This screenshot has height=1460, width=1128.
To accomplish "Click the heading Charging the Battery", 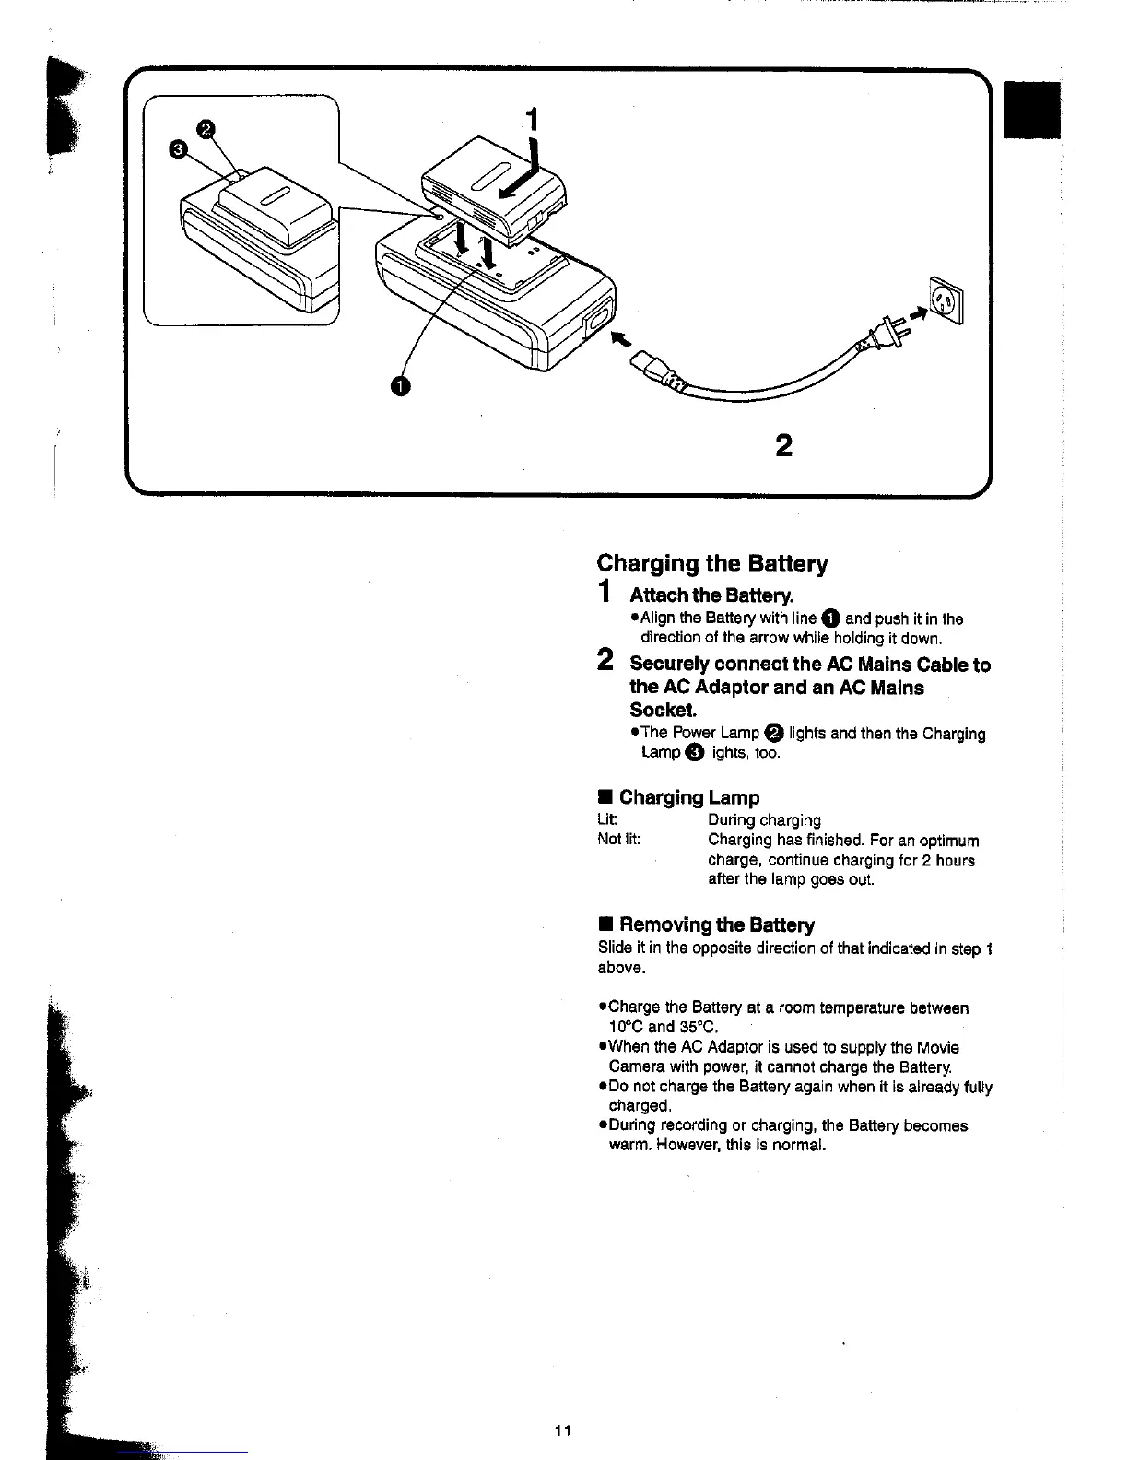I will coord(711,563).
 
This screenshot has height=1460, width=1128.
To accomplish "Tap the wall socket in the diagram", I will coord(946,301).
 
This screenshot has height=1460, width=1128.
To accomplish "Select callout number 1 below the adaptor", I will coord(398,385).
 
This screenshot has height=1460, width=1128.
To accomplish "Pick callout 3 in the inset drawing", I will coord(179,150).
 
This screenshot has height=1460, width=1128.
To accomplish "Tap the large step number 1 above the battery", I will coord(531,120).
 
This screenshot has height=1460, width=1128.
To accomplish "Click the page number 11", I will coord(563,1431).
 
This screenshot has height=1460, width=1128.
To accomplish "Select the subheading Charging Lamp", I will coord(688,797).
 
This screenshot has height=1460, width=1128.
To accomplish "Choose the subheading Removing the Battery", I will coord(716,924).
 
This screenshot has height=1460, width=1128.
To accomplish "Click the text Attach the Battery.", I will coord(711,595).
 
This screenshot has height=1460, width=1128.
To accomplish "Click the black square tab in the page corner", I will coord(1032,110).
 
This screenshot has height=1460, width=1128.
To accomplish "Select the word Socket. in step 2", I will coord(663,710).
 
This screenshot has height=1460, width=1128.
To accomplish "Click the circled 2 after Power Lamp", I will coord(774,733).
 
